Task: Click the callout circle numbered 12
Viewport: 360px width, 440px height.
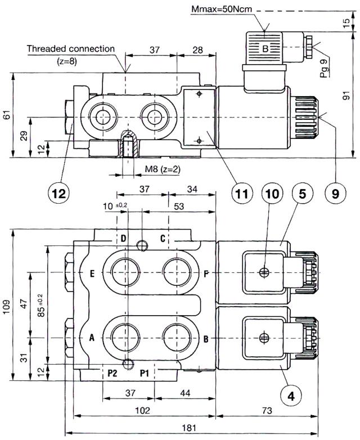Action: (58, 193)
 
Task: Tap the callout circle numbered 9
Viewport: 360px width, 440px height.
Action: (335, 193)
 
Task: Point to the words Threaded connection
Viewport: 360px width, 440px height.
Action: (73, 49)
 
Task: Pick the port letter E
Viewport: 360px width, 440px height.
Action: (91, 274)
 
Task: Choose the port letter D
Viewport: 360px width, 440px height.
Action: (123, 238)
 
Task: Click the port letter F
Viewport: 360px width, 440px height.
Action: (207, 274)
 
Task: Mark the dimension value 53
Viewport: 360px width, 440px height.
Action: (179, 206)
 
